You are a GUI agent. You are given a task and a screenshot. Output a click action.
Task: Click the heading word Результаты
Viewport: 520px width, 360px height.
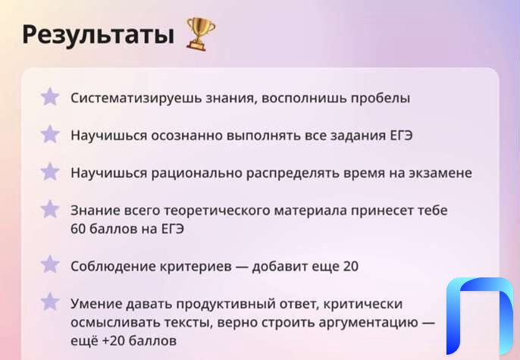(99, 35)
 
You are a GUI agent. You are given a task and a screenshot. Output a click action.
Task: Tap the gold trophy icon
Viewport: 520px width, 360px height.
(201, 34)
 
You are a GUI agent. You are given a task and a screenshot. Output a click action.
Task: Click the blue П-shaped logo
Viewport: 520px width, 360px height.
(480, 315)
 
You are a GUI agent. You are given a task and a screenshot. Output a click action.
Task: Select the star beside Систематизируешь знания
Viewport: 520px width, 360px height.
(50, 97)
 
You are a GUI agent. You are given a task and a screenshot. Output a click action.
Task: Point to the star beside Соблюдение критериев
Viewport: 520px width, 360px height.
(50, 265)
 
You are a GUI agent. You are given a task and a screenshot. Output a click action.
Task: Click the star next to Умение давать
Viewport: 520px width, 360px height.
(50, 302)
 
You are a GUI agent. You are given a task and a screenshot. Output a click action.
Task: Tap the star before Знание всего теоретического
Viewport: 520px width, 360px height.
(50, 209)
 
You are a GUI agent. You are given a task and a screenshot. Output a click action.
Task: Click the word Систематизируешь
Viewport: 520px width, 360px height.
(136, 99)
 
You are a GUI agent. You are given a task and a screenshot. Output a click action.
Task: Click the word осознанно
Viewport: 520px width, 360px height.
(186, 136)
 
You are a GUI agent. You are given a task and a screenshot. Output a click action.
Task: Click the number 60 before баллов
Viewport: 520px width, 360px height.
(78, 229)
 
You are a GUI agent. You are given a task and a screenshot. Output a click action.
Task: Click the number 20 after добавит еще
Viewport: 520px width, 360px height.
(350, 267)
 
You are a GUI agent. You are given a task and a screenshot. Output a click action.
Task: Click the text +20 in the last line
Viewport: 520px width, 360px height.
(113, 341)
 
